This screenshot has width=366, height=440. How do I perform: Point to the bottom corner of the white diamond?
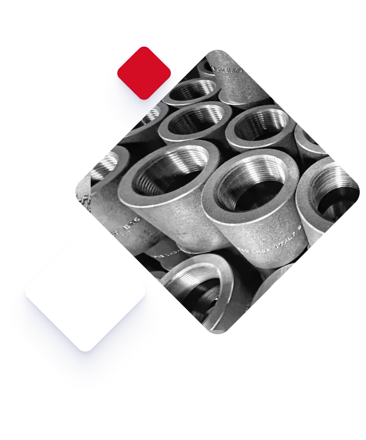click(x=86, y=349)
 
